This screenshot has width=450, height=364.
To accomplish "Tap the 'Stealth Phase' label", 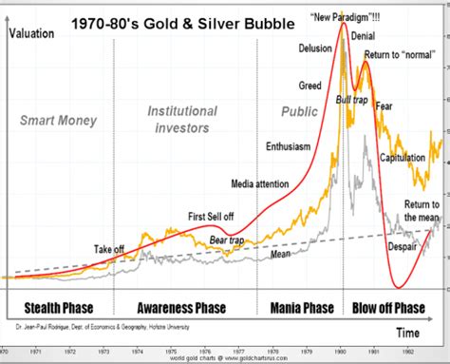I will (57, 309).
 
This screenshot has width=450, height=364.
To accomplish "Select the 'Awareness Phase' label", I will (181, 309).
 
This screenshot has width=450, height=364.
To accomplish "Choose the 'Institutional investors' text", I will (181, 120).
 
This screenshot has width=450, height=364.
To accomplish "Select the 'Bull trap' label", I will (353, 98).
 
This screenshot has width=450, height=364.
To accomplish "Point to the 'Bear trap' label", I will (226, 241).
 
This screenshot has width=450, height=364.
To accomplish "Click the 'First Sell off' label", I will (212, 215).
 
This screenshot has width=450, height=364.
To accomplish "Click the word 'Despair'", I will (404, 247).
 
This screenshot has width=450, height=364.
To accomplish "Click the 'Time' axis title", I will (407, 334).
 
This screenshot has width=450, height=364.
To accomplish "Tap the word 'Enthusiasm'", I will (287, 146).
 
